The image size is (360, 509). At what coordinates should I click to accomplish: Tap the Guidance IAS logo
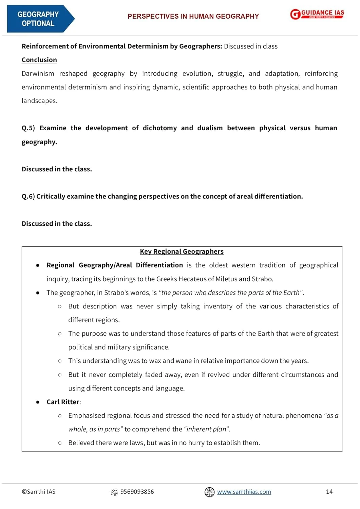tap(317, 14)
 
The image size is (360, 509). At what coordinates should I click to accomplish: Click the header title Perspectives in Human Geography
tap(193, 16)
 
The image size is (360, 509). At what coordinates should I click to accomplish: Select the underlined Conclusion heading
tap(39, 60)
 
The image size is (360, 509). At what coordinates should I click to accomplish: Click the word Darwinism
tap(38, 74)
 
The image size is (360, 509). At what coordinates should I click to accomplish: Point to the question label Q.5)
tap(28, 128)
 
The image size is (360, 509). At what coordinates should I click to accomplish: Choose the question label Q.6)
tap(28, 196)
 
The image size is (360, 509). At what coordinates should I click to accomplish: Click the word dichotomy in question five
tap(159, 128)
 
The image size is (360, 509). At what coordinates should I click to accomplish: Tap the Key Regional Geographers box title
tap(182, 251)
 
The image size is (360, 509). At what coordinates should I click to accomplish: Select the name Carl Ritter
tap(63, 402)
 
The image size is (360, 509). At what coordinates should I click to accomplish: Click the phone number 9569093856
tap(137, 492)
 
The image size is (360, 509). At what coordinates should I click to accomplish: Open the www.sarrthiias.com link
tap(244, 492)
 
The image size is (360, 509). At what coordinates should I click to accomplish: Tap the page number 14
tap(329, 492)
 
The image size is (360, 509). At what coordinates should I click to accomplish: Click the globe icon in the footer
tap(209, 492)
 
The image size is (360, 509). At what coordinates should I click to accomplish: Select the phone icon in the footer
tap(114, 492)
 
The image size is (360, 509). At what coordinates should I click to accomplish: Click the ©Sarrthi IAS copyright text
tap(38, 492)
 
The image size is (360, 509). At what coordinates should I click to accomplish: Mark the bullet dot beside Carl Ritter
tap(38, 402)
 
